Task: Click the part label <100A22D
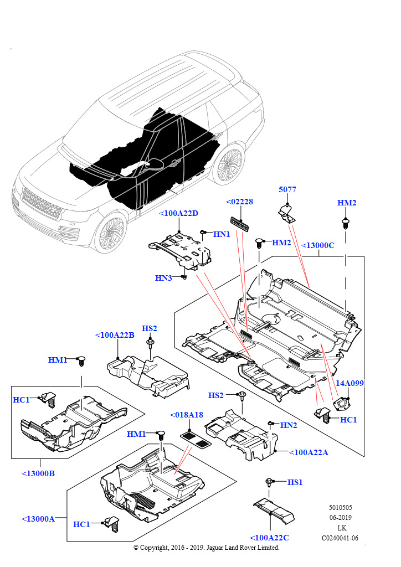[178, 214]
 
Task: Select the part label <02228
[239, 202]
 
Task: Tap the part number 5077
[287, 189]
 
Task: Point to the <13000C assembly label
[317, 245]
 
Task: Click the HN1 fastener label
[222, 234]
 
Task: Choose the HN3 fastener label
[163, 277]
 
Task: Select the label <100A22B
[115, 335]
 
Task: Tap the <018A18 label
[187, 415]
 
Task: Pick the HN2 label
[289, 425]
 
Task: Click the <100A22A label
[309, 452]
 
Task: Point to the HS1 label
[295, 482]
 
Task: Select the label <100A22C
[269, 538]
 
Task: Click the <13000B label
[38, 473]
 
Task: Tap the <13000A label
[38, 519]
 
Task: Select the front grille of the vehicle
[40, 204]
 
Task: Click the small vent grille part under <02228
[240, 223]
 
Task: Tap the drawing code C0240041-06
[340, 538]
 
